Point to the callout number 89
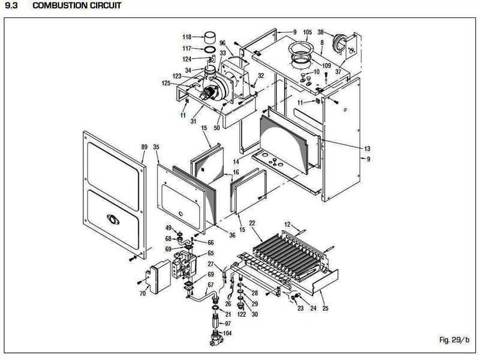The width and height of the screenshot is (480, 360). point(144,146)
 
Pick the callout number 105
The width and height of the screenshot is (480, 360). point(308,32)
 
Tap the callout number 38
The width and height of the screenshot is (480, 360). point(320,32)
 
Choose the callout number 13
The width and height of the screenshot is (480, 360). point(367,148)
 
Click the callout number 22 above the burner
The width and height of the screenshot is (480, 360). point(253,223)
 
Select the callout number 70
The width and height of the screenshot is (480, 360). point(143,293)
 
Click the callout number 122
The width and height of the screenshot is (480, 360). point(242,314)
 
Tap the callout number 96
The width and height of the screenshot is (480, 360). point(223,43)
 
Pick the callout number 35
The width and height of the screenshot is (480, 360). point(157,146)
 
